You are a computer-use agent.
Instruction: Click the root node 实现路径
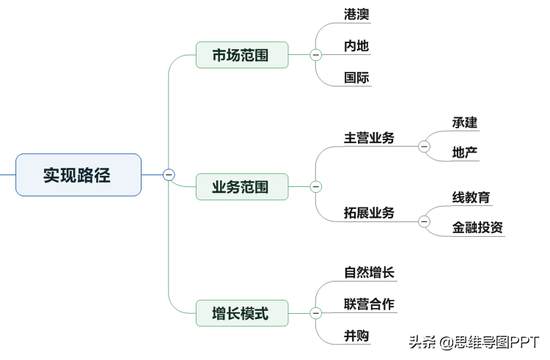pyautogui.click(x=78, y=175)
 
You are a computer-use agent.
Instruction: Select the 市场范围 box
pyautogui.click(x=242, y=55)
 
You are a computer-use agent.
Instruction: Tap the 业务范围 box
pyautogui.click(x=242, y=186)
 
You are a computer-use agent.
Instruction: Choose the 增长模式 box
pyautogui.click(x=242, y=313)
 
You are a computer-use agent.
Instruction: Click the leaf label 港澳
pyautogui.click(x=356, y=15)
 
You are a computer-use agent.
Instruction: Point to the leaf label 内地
pyautogui.click(x=356, y=46)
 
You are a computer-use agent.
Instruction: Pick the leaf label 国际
pyautogui.click(x=356, y=78)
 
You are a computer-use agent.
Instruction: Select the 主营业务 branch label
pyautogui.click(x=369, y=138)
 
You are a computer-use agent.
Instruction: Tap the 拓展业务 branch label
pyautogui.click(x=369, y=213)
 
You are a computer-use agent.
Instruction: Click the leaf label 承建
pyautogui.click(x=465, y=122)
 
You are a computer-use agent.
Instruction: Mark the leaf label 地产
pyautogui.click(x=465, y=153)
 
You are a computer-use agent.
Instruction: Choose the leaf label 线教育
pyautogui.click(x=471, y=197)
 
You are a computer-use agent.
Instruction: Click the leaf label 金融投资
pyautogui.click(x=477, y=227)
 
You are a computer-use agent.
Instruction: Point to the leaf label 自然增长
pyautogui.click(x=369, y=272)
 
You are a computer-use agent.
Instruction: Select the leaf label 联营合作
pyautogui.click(x=369, y=304)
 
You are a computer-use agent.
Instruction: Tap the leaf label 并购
pyautogui.click(x=356, y=336)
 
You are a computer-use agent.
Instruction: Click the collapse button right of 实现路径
pyautogui.click(x=169, y=175)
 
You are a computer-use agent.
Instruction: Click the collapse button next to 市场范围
pyautogui.click(x=315, y=55)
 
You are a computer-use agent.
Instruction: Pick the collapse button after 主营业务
pyautogui.click(x=424, y=146)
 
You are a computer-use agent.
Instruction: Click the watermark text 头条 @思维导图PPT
pyautogui.click(x=474, y=342)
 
